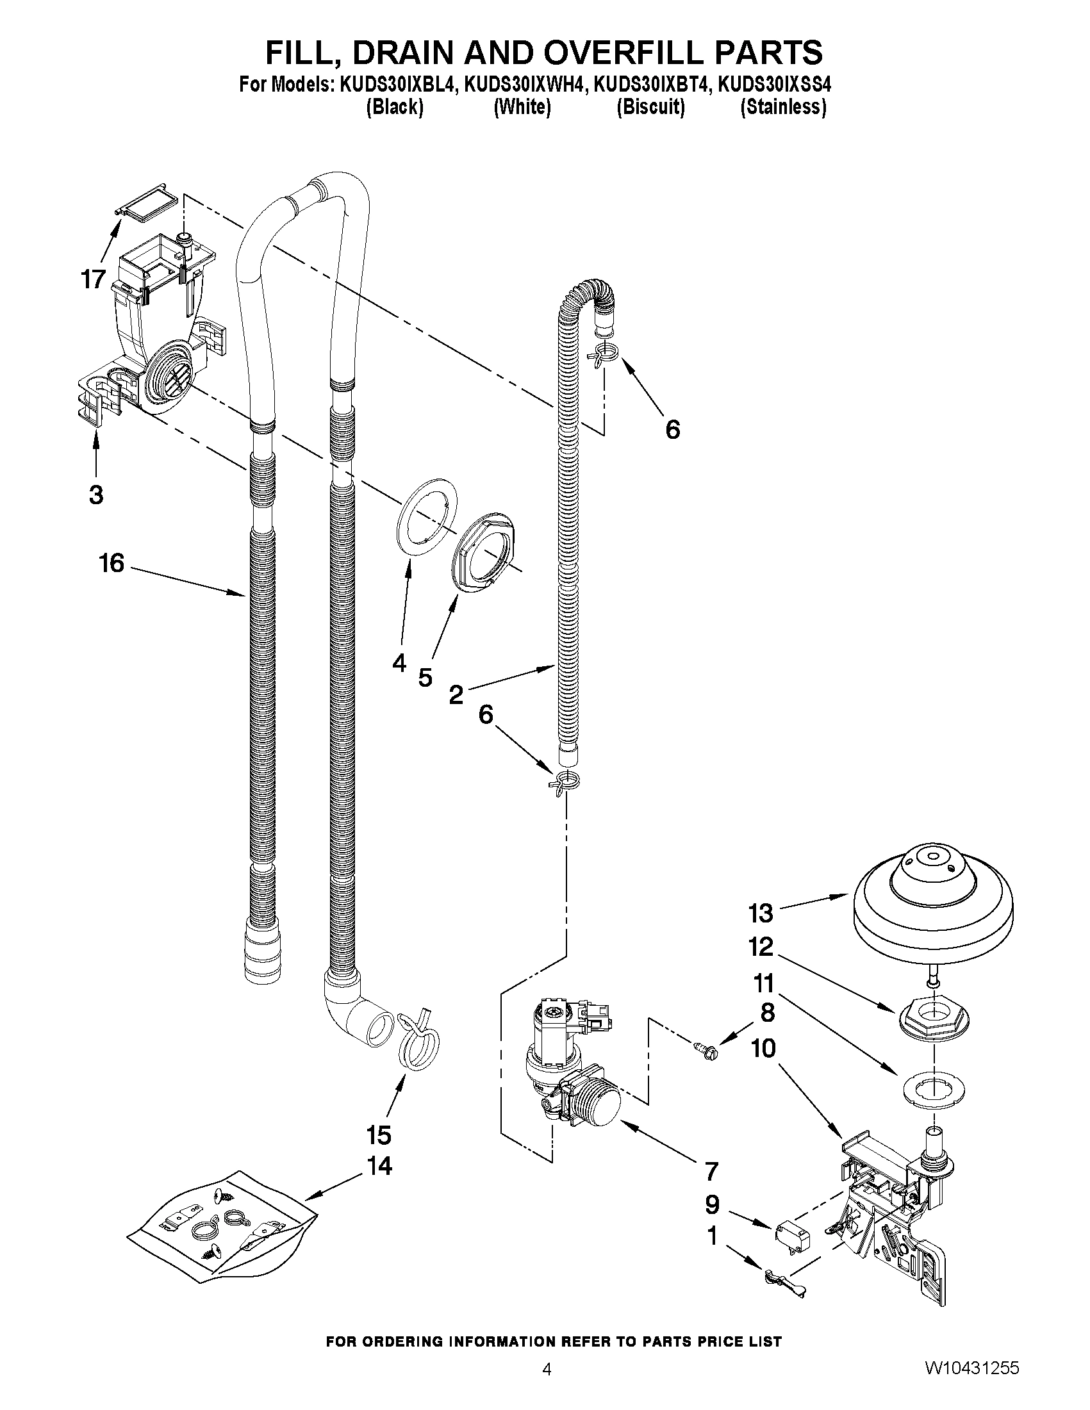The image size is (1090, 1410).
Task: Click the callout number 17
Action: [x=93, y=279]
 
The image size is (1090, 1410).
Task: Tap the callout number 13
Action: [x=761, y=913]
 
